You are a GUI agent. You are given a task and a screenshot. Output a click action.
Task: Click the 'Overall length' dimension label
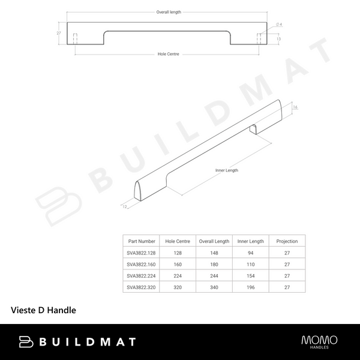pos(169,12)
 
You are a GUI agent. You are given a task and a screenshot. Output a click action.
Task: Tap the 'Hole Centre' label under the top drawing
pos(168,54)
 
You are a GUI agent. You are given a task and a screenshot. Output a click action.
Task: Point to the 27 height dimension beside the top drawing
pos(59,33)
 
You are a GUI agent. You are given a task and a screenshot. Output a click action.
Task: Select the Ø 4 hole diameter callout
pos(279,25)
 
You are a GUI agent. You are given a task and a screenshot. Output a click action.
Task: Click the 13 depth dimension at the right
pos(278,39)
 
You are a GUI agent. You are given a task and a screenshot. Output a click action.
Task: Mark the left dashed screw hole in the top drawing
pos(75,39)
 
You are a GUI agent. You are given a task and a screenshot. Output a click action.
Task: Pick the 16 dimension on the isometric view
pos(295,107)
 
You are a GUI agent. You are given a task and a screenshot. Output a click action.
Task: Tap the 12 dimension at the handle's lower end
pos(125,206)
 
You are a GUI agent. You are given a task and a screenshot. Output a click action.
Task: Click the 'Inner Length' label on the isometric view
pos(227,170)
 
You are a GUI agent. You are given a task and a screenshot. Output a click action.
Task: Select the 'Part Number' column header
pos(142,241)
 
